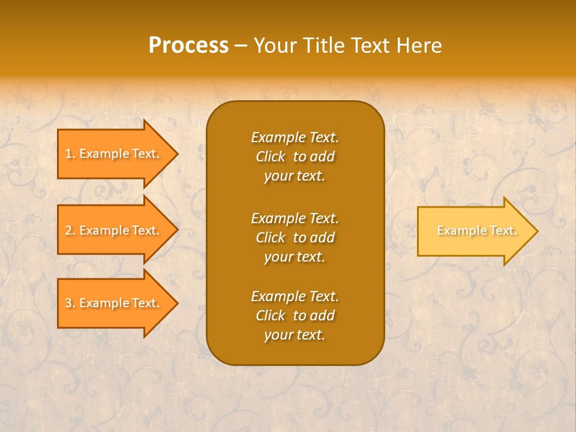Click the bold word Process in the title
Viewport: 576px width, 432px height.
[188, 46]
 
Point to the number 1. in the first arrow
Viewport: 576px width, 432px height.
[70, 154]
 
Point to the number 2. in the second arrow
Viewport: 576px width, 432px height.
[70, 230]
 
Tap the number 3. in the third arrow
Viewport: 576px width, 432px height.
[70, 303]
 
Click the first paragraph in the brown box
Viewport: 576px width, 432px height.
[295, 157]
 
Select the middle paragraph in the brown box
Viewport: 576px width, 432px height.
[295, 238]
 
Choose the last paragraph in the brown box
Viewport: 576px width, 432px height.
[295, 316]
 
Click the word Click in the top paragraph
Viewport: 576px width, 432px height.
[271, 157]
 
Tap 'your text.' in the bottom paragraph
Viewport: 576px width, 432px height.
[295, 335]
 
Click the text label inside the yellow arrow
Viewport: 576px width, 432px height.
[476, 230]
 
